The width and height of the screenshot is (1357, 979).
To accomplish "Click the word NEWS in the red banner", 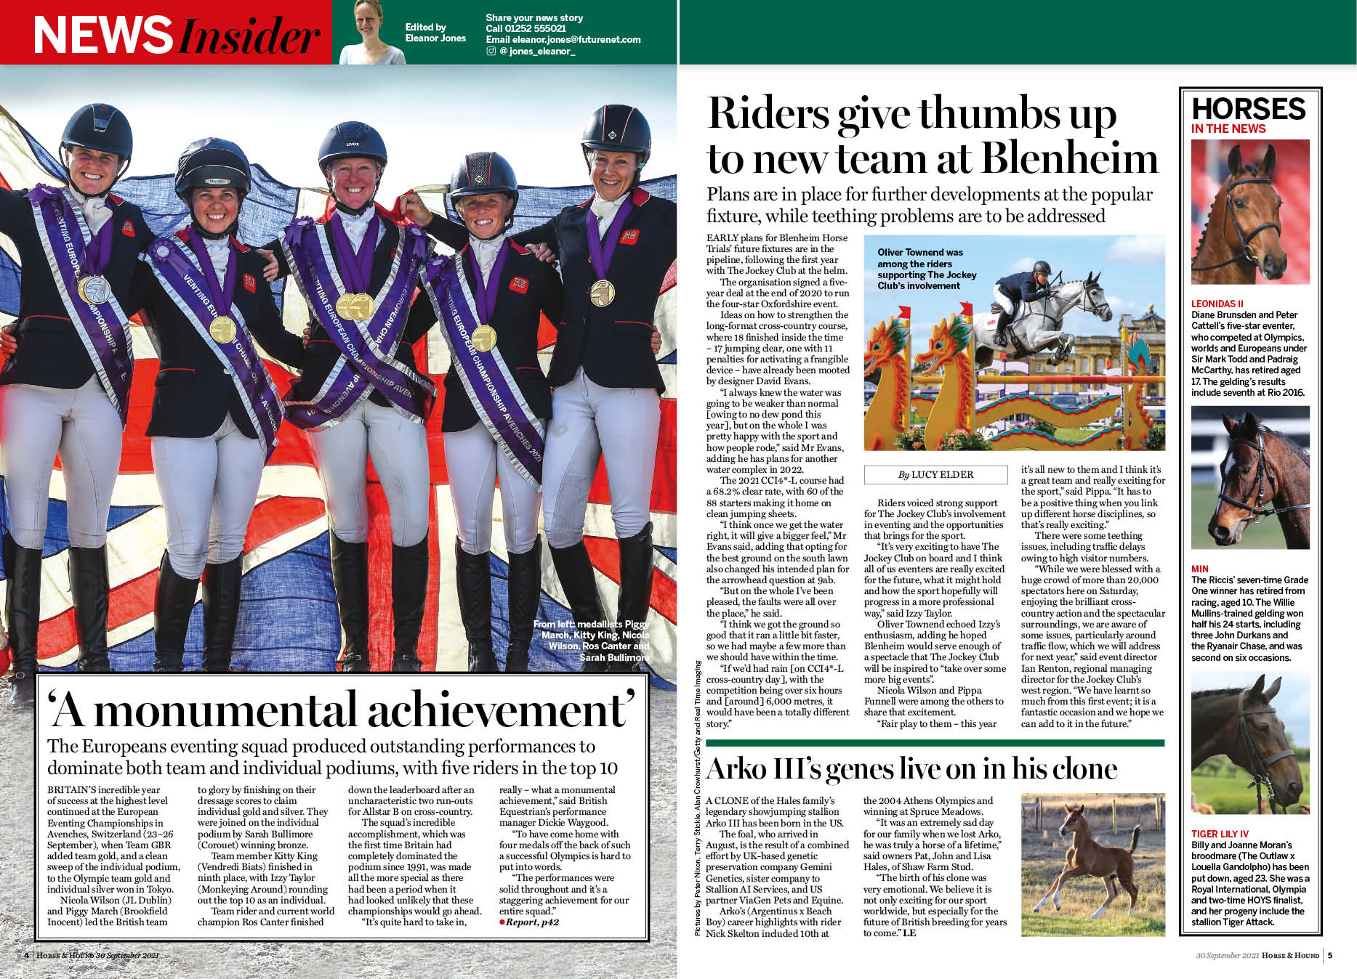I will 102,36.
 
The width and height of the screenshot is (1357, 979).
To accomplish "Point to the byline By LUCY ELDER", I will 935,475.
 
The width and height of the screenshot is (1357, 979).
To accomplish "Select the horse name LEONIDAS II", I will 1217,304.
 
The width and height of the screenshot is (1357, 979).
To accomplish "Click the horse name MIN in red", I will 1199,569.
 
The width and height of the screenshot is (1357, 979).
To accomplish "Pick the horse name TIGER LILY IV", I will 1220,834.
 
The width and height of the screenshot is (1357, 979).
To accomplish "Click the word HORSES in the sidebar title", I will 1249,109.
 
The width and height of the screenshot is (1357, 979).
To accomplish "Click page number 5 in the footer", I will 1330,955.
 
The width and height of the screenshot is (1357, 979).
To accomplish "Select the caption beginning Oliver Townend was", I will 927,269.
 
